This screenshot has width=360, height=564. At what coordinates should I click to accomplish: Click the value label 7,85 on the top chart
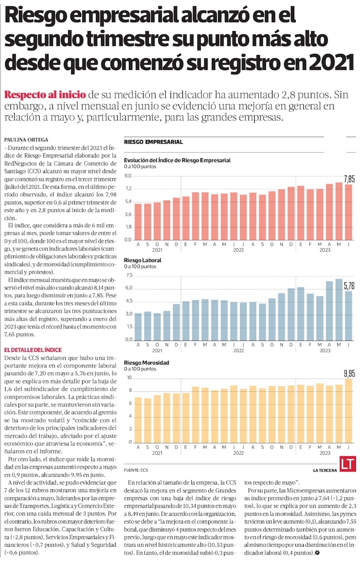[349, 179]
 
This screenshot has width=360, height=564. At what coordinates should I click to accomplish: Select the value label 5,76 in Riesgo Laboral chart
[349, 286]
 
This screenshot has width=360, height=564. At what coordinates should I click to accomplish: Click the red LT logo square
[347, 465]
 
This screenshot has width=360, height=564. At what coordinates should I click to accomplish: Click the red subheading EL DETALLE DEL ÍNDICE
[33, 349]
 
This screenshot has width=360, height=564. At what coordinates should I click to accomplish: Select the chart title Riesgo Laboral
[142, 260]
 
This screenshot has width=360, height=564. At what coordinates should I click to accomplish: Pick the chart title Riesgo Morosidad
[146, 362]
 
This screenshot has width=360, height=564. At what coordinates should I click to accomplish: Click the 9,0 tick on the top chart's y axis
[128, 176]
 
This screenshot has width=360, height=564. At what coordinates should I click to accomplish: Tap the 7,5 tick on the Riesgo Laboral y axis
[128, 275]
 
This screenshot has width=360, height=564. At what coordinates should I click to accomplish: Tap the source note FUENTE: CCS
[136, 471]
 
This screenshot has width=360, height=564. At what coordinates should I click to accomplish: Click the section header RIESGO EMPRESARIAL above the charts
[153, 142]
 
